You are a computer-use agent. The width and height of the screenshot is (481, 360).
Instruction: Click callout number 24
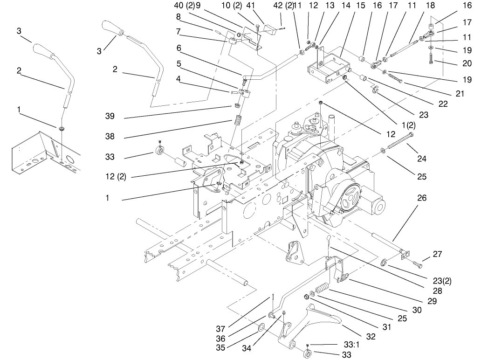pyautogui.click(x=422, y=158)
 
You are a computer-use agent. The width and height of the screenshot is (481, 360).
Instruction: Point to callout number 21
pyautogui.click(x=460, y=94)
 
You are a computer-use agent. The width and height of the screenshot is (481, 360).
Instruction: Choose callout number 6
pyautogui.click(x=179, y=48)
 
